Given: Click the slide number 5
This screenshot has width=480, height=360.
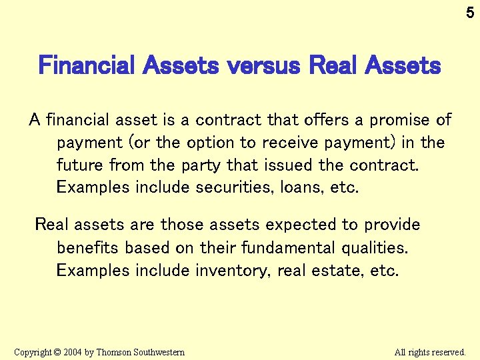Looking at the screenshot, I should [x=470, y=11].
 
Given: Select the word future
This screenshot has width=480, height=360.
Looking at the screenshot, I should [x=79, y=165].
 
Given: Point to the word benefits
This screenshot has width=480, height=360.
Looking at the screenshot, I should [x=87, y=247].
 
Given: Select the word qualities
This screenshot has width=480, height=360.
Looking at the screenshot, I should [x=375, y=247].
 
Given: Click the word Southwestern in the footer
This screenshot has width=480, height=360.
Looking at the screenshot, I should [x=159, y=352].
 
